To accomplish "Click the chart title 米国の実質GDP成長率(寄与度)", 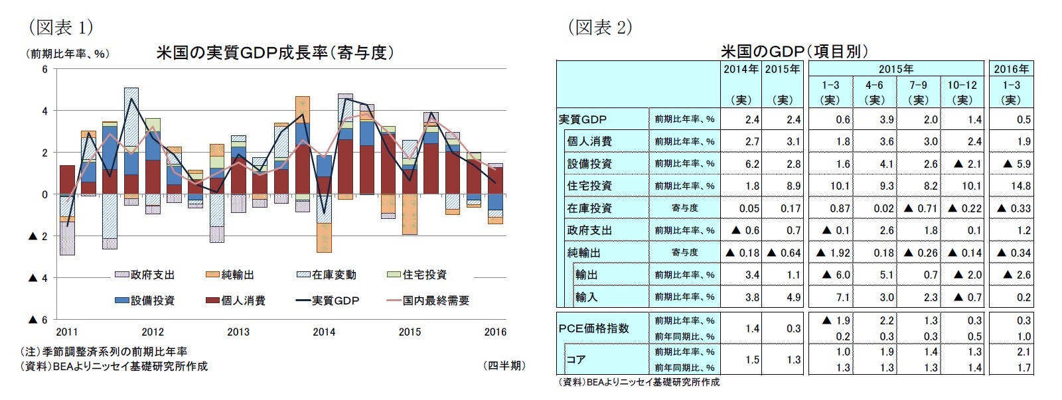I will point(275,52).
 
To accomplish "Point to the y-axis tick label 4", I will point(44,111).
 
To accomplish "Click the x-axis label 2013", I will point(238,332).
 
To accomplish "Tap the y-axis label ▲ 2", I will point(38,236).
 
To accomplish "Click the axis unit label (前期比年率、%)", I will point(67,54).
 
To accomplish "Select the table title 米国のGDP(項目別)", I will point(794,51).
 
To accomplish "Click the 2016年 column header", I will point(1011,69).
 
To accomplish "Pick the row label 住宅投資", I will point(589,186).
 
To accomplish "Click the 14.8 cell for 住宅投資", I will point(1020,186).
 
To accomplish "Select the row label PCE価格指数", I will point(593,328).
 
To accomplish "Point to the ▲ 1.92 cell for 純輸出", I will point(830,253).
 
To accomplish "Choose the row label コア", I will point(576,360).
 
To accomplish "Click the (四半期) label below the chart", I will point(504,366).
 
